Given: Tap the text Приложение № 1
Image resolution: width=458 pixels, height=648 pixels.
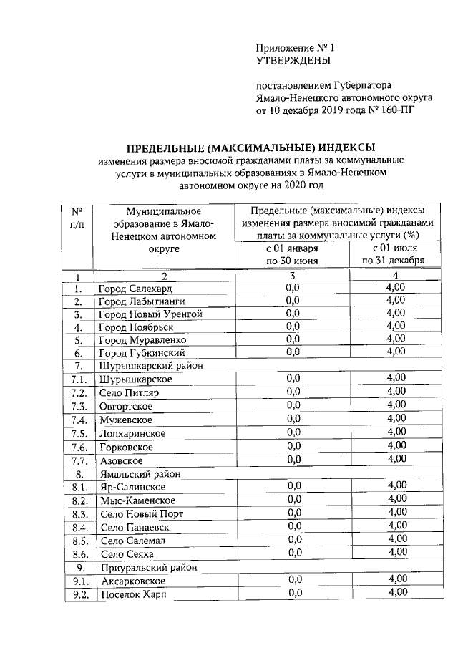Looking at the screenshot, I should (296, 47).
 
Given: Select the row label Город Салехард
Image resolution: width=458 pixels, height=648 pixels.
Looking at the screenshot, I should (136, 288).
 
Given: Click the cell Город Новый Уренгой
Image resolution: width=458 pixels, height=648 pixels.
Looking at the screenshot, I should (151, 314).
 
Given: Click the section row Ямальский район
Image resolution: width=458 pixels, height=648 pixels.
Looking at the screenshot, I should (140, 473).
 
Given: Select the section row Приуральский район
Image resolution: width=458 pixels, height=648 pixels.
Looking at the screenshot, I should (145, 567).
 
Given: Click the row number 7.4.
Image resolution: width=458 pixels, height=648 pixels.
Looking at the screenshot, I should (79, 420).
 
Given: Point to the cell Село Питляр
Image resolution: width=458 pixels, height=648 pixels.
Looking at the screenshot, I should (130, 392).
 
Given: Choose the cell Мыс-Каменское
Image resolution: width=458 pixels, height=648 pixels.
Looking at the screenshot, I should (138, 500).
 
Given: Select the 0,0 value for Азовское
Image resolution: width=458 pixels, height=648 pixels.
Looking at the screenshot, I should (293, 460).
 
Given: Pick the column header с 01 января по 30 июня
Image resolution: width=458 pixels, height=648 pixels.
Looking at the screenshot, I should (292, 253).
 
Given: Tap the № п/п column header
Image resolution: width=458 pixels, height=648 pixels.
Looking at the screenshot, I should (77, 218).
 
